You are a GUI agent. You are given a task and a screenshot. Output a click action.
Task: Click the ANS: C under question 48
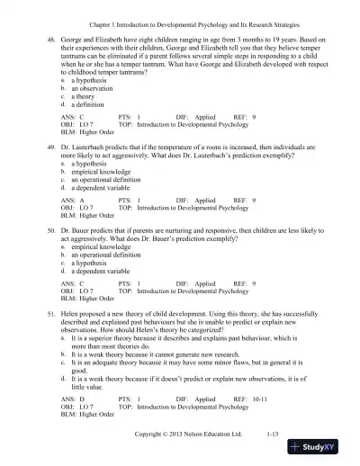click(x=72, y=115)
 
